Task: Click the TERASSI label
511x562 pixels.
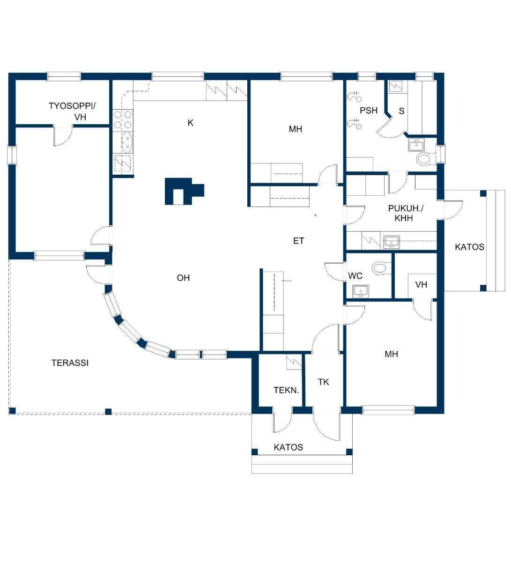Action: (70, 363)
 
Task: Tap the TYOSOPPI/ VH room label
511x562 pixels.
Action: (72, 111)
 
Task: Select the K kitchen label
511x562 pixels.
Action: (191, 123)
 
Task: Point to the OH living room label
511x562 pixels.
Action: (183, 278)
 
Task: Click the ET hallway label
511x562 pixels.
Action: (298, 241)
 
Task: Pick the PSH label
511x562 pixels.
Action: (369, 111)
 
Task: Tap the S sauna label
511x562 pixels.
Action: (402, 111)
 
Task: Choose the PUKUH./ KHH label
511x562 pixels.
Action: (406, 213)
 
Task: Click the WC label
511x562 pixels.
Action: (355, 276)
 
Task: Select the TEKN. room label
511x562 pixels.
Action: (286, 390)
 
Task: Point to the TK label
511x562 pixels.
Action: (323, 382)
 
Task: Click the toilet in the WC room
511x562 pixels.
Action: (381, 267)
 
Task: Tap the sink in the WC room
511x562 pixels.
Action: (361, 292)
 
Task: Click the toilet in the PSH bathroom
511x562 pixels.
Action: (425, 159)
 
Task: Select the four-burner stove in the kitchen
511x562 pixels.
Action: (123, 119)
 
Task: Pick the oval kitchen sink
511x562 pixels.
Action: (127, 142)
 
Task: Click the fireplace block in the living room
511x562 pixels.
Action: (184, 192)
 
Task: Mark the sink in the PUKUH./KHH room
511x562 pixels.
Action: (392, 242)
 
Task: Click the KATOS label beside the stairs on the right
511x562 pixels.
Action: (469, 247)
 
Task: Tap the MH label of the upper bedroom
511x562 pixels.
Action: (296, 129)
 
